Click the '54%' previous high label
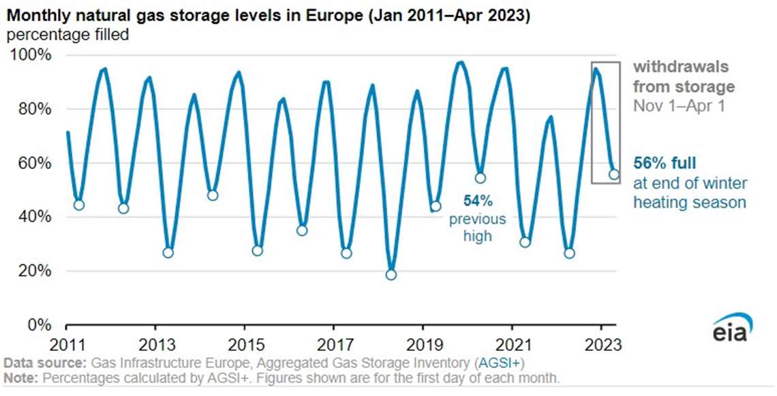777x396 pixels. click(477, 201)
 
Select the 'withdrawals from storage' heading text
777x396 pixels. click(684, 77)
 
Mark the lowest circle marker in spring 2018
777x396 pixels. click(391, 275)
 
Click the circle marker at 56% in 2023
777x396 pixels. click(613, 174)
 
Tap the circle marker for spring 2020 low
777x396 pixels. click(480, 178)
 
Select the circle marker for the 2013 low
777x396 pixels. click(168, 252)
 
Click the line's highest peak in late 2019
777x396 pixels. click(461, 63)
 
